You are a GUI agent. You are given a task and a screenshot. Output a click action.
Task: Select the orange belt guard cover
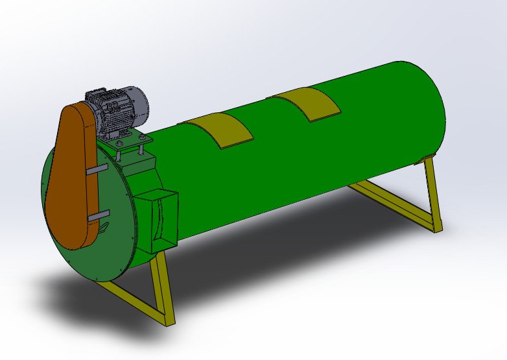(x=68, y=175)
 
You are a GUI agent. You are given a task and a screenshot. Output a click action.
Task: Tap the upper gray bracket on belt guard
(x=95, y=169)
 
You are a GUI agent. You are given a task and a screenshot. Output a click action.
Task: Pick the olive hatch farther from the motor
(x=304, y=103)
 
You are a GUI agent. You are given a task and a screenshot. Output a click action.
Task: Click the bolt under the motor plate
(x=139, y=152)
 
